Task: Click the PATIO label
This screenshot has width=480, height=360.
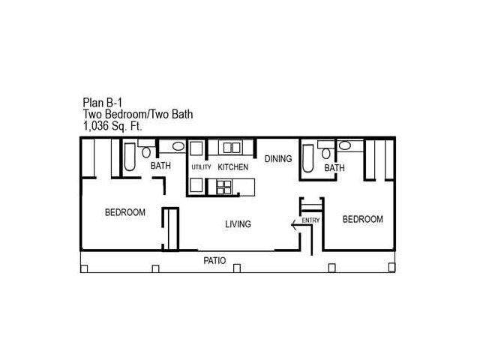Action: [214, 261]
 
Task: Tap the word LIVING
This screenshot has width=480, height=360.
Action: [238, 224]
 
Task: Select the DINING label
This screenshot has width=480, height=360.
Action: [278, 159]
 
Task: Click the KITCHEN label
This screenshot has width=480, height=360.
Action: [232, 167]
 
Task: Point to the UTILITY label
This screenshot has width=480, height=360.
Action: [201, 167]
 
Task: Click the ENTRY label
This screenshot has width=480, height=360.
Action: [310, 220]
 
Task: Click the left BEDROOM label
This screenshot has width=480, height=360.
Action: [125, 212]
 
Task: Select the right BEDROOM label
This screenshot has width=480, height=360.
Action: [362, 219]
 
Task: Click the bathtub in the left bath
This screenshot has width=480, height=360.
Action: [130, 157]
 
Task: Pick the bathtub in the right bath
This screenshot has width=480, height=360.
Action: [308, 158]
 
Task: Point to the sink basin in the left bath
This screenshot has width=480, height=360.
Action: [178, 146]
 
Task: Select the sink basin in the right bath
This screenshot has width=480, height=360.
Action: [345, 145]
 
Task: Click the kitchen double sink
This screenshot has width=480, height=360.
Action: [232, 148]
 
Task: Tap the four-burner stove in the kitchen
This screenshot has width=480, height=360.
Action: [223, 187]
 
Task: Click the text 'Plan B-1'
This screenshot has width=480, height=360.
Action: [102, 103]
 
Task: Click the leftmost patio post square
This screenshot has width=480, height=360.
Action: [84, 268]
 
